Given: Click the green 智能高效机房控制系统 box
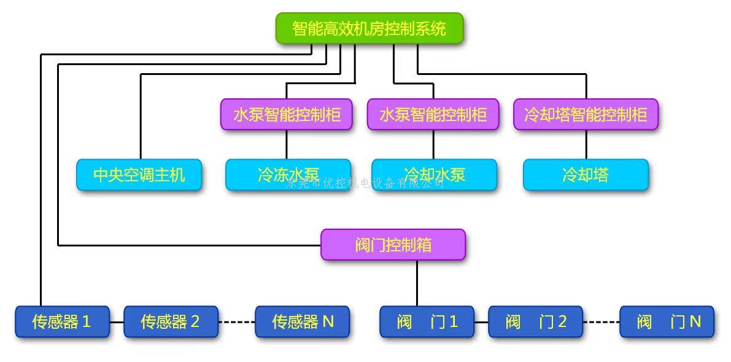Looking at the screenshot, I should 369,28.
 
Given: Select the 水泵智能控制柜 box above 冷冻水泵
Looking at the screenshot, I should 286,114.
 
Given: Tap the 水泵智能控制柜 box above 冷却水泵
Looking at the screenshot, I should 433,114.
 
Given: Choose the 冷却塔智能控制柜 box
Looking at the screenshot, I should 586,114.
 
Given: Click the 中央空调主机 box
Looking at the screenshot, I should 139,175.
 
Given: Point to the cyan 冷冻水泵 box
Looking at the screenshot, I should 288,175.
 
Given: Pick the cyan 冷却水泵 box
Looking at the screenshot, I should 434,175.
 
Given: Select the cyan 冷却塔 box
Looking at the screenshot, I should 586,175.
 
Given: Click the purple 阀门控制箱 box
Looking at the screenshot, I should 393,245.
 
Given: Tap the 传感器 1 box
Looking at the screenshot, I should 62,321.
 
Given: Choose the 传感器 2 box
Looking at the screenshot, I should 171,321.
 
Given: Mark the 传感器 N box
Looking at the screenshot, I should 302,321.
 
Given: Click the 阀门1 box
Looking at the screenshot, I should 427,321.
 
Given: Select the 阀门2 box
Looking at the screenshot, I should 535,321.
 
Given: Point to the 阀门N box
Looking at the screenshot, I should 667,321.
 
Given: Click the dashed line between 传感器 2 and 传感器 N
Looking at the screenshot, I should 236,321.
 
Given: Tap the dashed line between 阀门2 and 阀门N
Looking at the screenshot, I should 601,321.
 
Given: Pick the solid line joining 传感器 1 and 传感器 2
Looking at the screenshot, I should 117,321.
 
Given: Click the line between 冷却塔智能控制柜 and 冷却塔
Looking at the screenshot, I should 586,144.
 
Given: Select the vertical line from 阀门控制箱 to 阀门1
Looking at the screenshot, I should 417,283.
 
